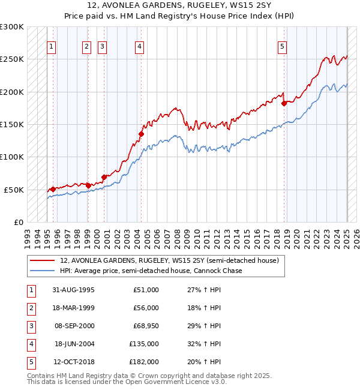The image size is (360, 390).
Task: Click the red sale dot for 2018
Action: point(284,103)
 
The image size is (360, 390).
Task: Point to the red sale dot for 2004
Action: point(142,134)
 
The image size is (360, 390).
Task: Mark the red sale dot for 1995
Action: point(53,189)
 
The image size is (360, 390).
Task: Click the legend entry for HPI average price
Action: point(151,271)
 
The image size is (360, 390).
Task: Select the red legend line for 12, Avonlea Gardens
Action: point(43,261)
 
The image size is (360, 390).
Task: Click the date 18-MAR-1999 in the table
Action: point(73,308)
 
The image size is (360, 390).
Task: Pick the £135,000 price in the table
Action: point(145,344)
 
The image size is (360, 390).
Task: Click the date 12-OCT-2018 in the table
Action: point(73,362)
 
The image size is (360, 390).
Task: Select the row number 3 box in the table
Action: point(31,326)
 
